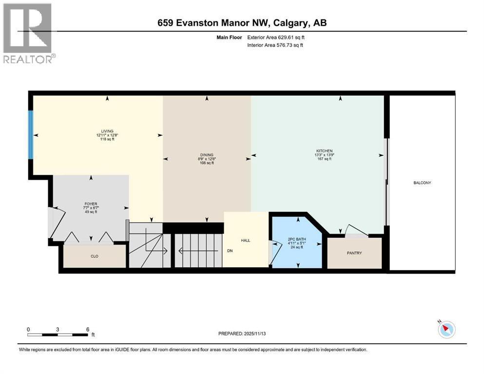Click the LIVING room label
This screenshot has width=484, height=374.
pos(107,131)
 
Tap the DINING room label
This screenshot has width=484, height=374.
pos(207,155)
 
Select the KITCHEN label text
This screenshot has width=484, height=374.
pos(324,151)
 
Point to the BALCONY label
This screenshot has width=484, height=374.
pos(422,183)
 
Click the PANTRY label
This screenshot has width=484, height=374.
pos(354,253)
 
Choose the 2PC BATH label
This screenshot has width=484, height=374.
pos(297,239)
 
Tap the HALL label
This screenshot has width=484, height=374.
pos(245,240)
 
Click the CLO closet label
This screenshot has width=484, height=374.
pos(95,256)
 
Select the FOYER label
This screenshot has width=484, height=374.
pos(91,204)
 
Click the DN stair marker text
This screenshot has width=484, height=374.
pos(230,251)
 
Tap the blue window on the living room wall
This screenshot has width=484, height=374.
pos(31,135)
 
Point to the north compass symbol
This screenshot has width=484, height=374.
pos(446,329)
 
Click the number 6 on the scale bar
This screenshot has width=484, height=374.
pos(88,329)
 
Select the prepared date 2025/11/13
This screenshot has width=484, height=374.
pos(254,334)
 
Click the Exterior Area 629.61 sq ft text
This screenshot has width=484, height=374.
pos(276,37)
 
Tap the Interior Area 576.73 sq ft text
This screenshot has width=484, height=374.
pos(275,45)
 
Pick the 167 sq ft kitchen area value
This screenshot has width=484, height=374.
pos(324,159)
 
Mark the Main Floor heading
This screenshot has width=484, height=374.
pos(229,37)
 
